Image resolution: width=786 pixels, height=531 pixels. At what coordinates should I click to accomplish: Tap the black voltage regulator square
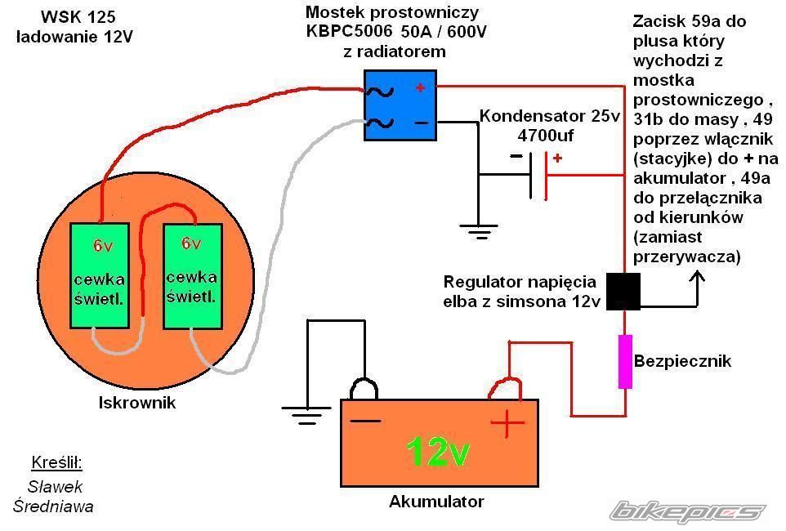click(x=623, y=292)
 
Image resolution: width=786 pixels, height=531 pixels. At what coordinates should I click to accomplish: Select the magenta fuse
click(x=625, y=361)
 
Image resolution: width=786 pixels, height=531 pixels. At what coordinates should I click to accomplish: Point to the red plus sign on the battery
click(x=507, y=423)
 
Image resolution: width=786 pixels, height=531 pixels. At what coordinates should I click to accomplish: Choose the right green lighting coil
click(x=193, y=276)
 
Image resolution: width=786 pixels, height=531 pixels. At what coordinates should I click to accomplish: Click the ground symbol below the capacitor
click(x=483, y=230)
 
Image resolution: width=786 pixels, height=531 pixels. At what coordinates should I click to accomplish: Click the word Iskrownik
click(x=137, y=403)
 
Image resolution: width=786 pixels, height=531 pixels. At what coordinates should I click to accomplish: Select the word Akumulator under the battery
click(x=436, y=501)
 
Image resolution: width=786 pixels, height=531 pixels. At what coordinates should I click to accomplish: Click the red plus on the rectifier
click(x=420, y=87)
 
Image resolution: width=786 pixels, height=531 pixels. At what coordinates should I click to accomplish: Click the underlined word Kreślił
click(x=57, y=463)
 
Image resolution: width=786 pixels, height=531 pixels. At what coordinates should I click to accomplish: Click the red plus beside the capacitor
click(x=557, y=158)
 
